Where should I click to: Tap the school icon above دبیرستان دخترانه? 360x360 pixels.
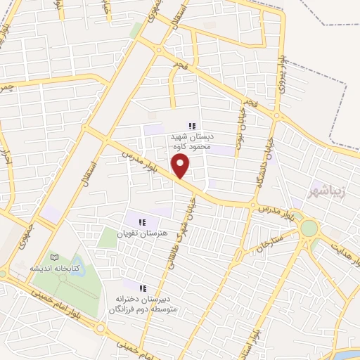143,288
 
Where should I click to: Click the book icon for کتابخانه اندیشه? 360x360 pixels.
53,257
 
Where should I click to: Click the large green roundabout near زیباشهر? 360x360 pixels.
308,229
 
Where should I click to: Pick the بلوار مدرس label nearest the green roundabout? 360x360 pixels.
271,210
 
